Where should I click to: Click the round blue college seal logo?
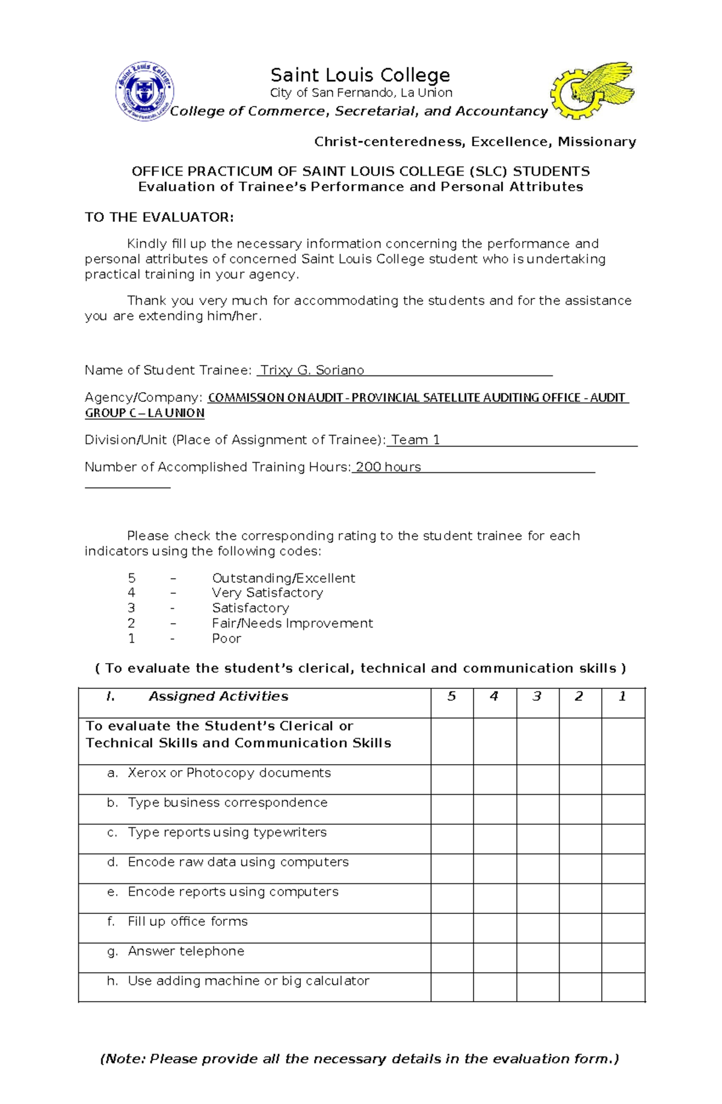[144, 91]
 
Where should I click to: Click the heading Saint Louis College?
[360, 75]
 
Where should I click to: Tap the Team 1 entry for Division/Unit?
[415, 440]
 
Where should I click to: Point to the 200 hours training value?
[388, 467]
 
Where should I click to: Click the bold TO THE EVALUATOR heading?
[159, 217]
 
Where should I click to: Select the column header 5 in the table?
[451, 696]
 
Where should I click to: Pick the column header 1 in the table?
[622, 696]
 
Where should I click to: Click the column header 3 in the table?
[537, 696]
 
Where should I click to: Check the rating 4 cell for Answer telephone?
[495, 957]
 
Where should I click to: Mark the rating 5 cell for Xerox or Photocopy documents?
[451, 779]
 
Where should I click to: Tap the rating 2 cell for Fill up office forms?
[579, 928]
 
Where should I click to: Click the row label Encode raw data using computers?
[238, 862]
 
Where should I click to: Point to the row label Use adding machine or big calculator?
[248, 981]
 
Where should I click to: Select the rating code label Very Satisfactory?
[267, 593]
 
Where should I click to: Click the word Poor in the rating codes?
[226, 638]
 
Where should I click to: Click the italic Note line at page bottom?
[359, 1058]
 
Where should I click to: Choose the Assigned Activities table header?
[218, 696]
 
